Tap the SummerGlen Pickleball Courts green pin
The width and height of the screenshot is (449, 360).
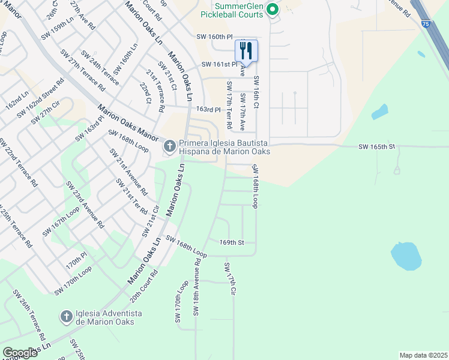click(273, 9)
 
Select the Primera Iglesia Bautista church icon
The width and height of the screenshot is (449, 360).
click(170, 145)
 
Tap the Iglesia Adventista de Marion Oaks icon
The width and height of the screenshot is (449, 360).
click(67, 316)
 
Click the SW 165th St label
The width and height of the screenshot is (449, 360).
click(377, 146)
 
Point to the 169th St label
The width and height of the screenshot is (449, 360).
click(232, 242)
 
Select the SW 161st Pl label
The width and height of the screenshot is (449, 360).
click(219, 64)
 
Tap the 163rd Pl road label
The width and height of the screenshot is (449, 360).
click(209, 110)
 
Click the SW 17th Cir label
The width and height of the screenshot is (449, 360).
click(229, 278)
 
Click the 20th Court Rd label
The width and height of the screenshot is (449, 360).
click(144, 289)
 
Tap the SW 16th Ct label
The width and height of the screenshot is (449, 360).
click(256, 92)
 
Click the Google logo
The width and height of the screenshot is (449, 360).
click(20, 353)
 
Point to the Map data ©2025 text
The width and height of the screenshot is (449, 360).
click(423, 355)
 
